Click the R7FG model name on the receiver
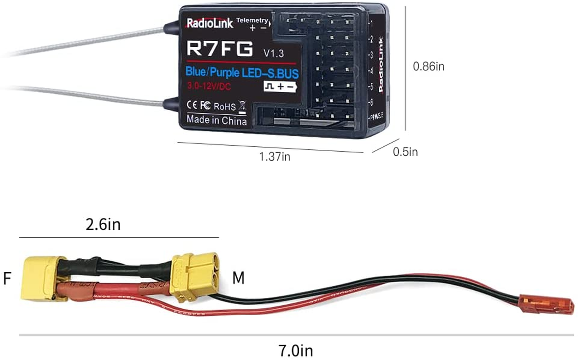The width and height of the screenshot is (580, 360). tap(220, 48)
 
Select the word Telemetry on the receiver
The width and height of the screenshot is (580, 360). tap(252, 21)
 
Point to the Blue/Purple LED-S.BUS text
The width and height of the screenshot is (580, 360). tap(242, 72)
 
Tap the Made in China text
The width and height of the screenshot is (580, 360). tap(216, 121)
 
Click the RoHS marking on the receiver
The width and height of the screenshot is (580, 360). tap(224, 107)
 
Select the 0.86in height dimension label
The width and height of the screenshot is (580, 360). tap(429, 67)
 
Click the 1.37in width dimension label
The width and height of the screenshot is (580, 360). tap(274, 157)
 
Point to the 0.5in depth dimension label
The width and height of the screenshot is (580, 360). tap(405, 152)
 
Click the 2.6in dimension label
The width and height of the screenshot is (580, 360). tap(103, 224)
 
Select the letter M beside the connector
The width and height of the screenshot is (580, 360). tap(238, 279)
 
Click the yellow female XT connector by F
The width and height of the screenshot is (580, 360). tap(40, 279)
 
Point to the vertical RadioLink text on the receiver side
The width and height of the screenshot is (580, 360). tap(381, 69)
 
